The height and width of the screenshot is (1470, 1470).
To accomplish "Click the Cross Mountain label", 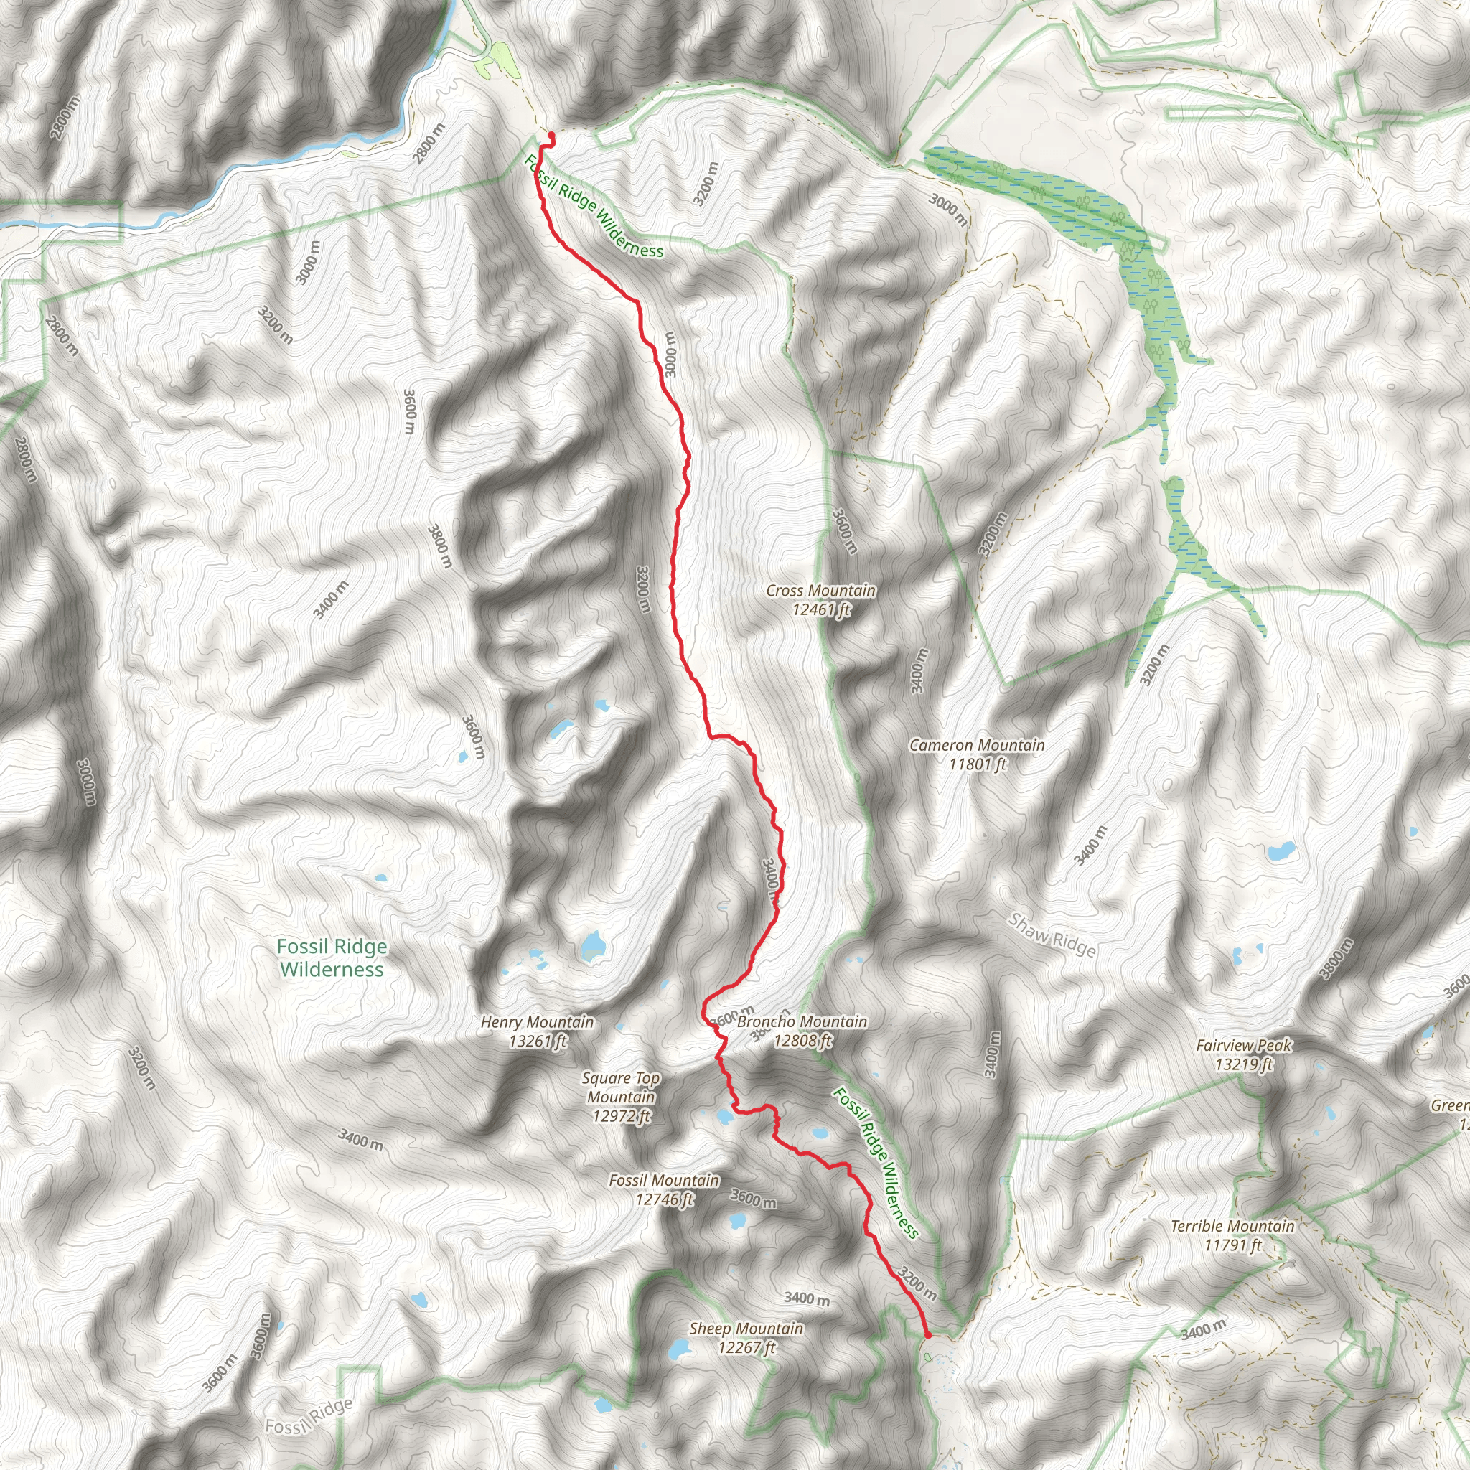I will point(820,599).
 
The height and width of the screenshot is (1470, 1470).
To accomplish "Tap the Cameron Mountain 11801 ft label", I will point(977,754).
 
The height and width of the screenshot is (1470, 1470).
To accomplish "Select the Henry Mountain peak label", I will point(537,1031).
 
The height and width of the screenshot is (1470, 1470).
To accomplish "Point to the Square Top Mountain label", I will point(621,1097).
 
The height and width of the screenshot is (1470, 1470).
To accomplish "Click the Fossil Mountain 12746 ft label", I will point(664,1189).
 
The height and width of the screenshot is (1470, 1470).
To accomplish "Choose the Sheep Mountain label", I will point(746,1338).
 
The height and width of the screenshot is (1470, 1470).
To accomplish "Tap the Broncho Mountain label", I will point(802,1031).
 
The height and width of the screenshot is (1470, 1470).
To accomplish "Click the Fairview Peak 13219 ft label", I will point(1244,1054).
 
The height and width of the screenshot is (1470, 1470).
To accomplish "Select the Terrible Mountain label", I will point(1232,1236).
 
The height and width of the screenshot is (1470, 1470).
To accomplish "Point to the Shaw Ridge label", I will point(1052,935).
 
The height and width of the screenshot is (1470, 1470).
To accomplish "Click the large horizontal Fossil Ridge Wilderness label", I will point(332,958).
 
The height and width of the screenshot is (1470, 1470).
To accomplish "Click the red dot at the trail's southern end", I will point(927,1334).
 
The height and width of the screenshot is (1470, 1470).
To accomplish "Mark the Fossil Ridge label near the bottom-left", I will point(309,1415).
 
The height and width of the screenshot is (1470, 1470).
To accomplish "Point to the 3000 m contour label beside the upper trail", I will point(669,354).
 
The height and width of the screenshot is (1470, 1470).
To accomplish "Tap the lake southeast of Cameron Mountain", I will point(1127,850).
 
